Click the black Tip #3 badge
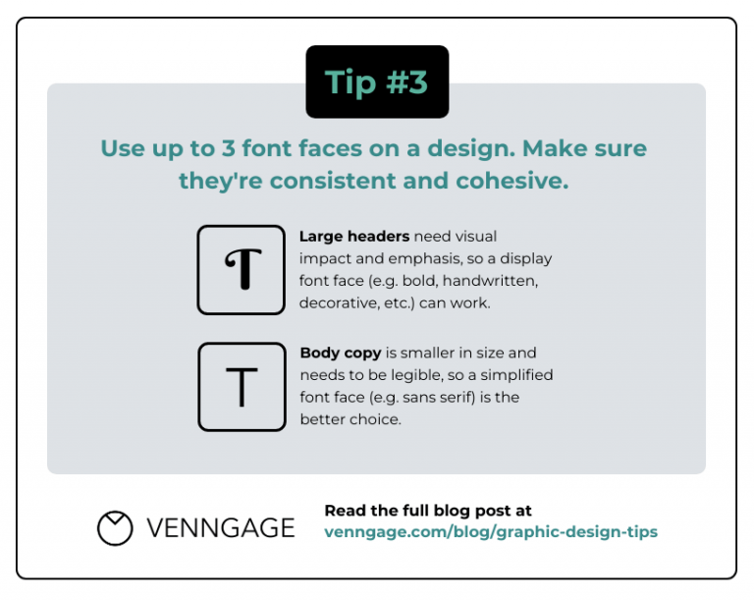[x=377, y=82]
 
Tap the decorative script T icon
[x=242, y=270]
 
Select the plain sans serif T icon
[x=242, y=387]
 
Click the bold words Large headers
[x=353, y=237]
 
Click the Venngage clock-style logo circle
[x=115, y=527]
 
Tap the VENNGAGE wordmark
[x=221, y=527]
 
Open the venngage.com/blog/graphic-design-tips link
[x=491, y=531]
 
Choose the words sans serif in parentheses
[x=445, y=398]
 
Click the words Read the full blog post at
[x=428, y=511]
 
